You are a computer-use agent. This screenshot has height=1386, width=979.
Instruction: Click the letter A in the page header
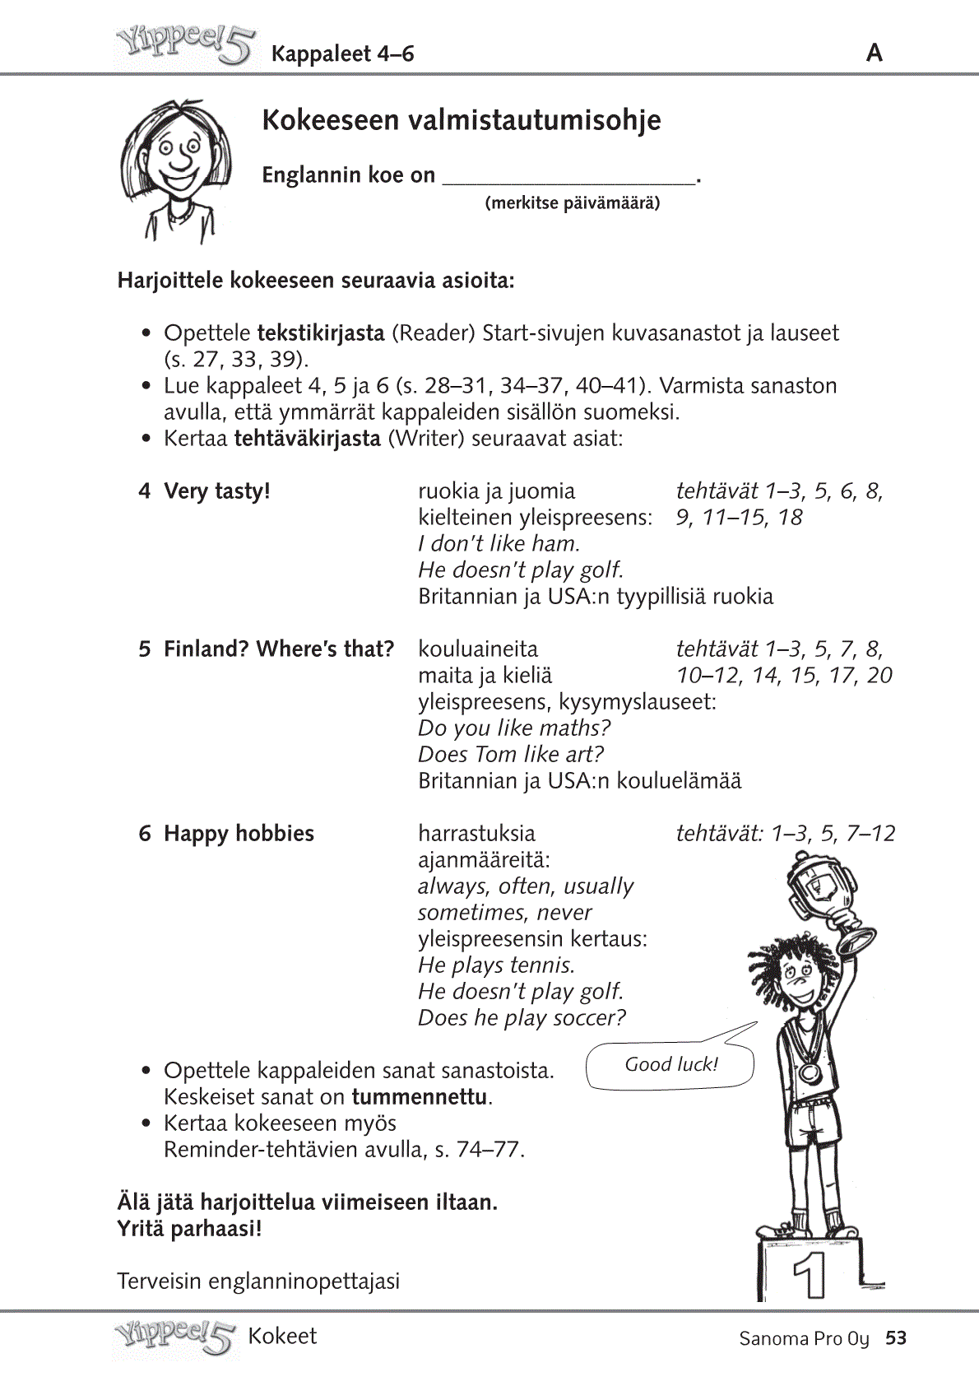pyautogui.click(x=875, y=53)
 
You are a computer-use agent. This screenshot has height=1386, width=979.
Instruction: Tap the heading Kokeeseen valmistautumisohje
pyautogui.click(x=461, y=120)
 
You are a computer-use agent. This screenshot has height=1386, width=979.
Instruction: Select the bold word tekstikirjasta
pyautogui.click(x=321, y=333)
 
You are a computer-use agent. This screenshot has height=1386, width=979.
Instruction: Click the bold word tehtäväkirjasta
pyautogui.click(x=307, y=439)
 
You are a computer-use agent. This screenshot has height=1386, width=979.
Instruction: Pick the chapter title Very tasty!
pyautogui.click(x=217, y=491)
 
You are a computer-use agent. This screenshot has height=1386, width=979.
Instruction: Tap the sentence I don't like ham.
pyautogui.click(x=499, y=544)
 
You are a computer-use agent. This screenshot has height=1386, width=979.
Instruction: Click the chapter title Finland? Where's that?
pyautogui.click(x=278, y=649)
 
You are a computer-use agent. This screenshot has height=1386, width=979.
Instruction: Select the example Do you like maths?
pyautogui.click(x=514, y=728)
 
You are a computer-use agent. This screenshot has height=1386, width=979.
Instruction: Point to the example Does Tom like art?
pyautogui.click(x=510, y=755)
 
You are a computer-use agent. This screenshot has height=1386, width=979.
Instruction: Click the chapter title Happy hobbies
pyautogui.click(x=239, y=834)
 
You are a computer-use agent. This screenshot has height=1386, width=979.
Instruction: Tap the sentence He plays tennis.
pyautogui.click(x=496, y=965)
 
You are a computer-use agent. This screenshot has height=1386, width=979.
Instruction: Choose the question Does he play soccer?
pyautogui.click(x=522, y=1018)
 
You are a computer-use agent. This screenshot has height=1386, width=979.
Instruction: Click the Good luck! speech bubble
pyautogui.click(x=670, y=1064)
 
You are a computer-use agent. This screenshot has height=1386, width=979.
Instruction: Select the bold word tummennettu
pyautogui.click(x=420, y=1097)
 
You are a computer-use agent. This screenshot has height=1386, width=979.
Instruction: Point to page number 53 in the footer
pyautogui.click(x=896, y=1338)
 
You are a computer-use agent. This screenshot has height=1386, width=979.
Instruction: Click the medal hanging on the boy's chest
pyautogui.click(x=810, y=1072)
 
